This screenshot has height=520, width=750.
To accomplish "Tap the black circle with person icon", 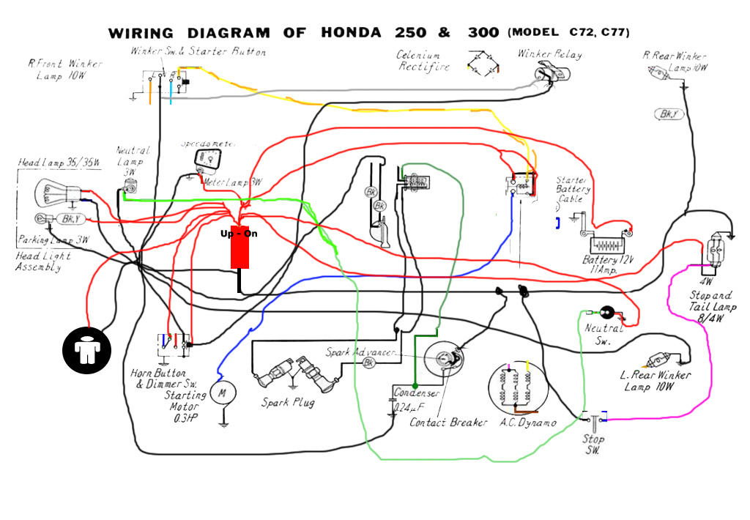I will coord(86,348).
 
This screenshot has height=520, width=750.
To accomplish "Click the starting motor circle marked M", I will coord(220,393).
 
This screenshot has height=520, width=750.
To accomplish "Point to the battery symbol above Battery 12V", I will coord(605,244).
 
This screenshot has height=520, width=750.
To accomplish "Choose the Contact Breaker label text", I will coord(448,423).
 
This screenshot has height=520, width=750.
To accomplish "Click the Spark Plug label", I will coord(288,403).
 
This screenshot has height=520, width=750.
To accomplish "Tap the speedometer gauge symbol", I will coord(207,158).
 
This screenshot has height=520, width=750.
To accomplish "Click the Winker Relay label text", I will coord(549,54).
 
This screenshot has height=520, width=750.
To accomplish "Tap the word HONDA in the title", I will coord(351,34).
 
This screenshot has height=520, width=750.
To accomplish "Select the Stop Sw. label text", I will coord(593,445).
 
